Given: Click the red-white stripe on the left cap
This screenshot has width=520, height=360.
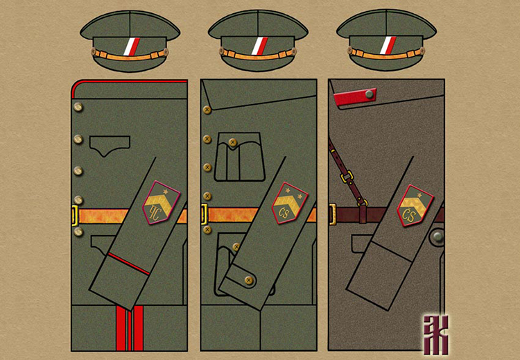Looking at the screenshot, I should point(130,46).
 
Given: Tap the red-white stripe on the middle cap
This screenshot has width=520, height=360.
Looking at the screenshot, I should point(258,46).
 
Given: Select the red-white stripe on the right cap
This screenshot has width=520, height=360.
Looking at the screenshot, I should point(386,46).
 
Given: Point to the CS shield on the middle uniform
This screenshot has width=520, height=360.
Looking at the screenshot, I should point(289,203).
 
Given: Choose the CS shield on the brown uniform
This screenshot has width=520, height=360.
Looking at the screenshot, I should point(416,205).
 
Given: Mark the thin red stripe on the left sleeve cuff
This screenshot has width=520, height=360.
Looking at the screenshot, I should point(128,264).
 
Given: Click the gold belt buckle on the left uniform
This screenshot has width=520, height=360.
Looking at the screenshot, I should point(75,216).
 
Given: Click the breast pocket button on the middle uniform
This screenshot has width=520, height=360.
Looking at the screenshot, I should point(229,143).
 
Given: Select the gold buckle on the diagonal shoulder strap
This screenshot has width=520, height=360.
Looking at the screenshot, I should point(362,202).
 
